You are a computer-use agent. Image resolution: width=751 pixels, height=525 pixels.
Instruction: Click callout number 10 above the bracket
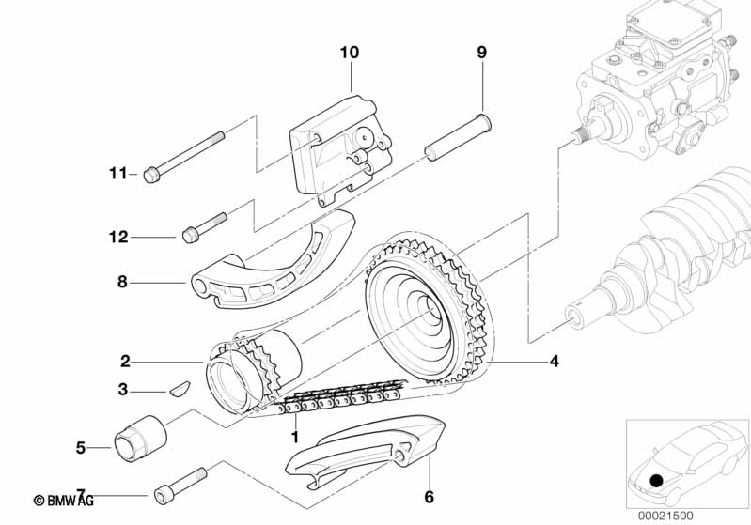pos(349,53)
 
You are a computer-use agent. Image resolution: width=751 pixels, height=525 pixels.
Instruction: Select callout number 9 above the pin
pos(481,53)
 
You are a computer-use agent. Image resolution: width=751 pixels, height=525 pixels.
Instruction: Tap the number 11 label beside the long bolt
pos(118,173)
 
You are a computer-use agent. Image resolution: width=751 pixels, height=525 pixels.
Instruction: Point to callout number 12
pos(118,237)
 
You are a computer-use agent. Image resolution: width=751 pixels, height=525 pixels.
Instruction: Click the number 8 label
pos(122,282)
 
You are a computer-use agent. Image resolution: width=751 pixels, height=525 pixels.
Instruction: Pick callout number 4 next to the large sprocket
pos(555,361)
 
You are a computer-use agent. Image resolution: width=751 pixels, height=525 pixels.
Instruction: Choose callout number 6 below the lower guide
pos(430,497)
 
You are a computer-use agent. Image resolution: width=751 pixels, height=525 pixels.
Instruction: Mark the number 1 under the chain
pos(295,437)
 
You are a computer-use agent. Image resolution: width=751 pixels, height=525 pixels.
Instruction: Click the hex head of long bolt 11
pos(151,176)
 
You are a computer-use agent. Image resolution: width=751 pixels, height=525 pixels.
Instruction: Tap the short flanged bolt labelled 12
pos(205,228)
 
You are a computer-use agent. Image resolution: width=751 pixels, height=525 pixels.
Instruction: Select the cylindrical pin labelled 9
pos(459,137)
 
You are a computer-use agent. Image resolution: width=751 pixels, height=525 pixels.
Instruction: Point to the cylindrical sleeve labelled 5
pos(140,439)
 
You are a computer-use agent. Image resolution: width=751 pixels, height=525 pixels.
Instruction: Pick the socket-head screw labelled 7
pos(181,486)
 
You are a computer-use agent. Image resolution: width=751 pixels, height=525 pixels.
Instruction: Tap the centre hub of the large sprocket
pos(428,310)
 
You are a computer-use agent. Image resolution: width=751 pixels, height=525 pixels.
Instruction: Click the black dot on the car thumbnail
pos(657,481)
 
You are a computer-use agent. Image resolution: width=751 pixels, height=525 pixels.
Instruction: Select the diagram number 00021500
pos(665,516)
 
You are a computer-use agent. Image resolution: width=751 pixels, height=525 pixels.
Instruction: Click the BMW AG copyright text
pos(64,501)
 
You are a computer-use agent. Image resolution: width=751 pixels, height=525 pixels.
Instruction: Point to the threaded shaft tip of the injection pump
pos(580,134)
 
